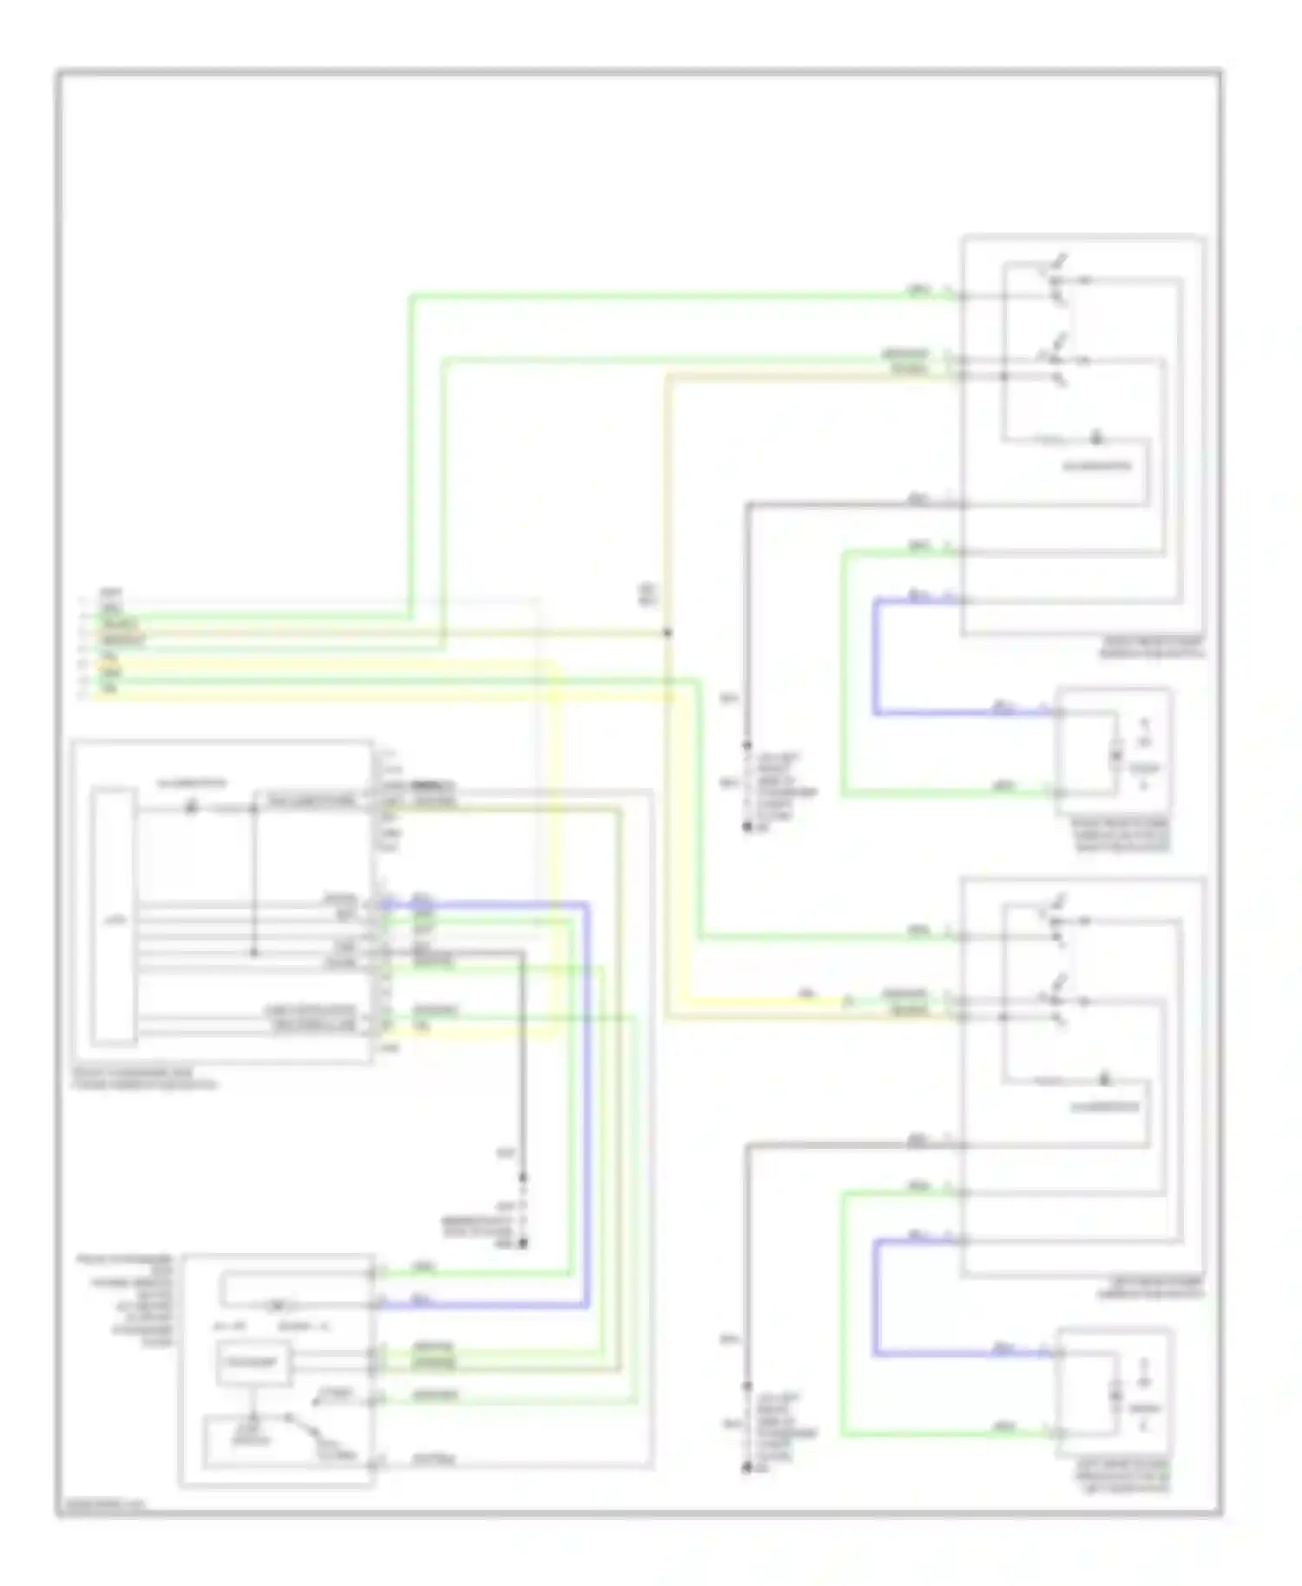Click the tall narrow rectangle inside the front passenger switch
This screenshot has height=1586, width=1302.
click(115, 916)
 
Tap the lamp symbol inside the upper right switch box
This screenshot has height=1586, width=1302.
click(1095, 438)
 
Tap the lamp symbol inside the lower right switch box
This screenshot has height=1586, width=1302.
click(1104, 1080)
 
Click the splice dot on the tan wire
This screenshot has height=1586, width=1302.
click(667, 632)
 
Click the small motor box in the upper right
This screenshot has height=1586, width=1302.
click(1113, 750)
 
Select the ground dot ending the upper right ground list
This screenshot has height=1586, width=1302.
click(746, 828)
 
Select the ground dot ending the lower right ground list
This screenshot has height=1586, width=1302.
click(746, 1468)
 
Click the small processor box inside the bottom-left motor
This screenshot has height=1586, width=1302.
click(253, 1363)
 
